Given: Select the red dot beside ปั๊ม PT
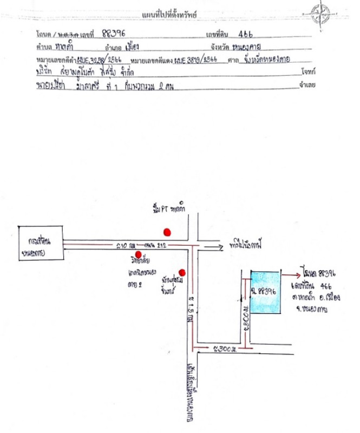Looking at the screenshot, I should (167, 232).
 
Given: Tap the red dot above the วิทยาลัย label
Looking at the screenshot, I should (139, 254).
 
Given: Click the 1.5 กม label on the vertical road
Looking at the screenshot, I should (191, 310).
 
